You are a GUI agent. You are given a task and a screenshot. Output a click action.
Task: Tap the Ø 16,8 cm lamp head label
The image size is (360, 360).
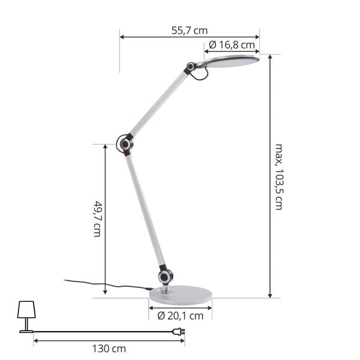[232, 44]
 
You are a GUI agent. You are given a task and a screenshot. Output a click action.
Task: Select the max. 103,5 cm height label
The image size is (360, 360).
[278, 176]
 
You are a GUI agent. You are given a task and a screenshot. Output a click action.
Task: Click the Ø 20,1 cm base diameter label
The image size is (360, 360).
[180, 315]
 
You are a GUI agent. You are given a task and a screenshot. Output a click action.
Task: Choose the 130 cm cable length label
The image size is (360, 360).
[109, 348]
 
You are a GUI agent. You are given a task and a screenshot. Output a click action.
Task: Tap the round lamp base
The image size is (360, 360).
[180, 293]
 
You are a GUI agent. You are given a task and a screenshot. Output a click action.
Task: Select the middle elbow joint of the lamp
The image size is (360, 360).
[126, 144]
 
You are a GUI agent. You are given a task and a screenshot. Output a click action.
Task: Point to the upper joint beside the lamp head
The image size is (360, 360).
[191, 67]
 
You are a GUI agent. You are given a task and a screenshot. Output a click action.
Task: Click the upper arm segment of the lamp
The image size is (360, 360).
[159, 104]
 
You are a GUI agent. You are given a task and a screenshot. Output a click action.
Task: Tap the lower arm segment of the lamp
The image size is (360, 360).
[145, 210]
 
